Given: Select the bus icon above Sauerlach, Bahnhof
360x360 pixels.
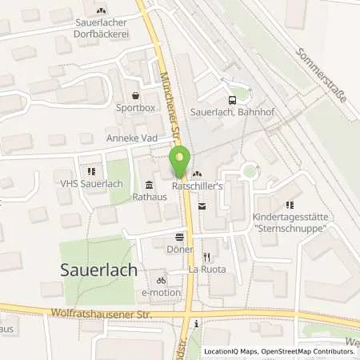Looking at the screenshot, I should [x=232, y=100].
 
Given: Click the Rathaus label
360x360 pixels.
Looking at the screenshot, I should [x=126, y=194].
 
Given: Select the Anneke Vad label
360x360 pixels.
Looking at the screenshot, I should [x=130, y=138].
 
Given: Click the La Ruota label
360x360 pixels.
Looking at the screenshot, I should [x=207, y=269].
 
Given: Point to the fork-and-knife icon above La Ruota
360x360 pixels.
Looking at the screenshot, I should [x=206, y=257].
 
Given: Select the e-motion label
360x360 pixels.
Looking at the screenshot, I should [x=162, y=293].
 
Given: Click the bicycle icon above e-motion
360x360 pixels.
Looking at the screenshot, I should [x=161, y=281].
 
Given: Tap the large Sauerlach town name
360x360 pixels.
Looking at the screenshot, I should [x=99, y=270].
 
